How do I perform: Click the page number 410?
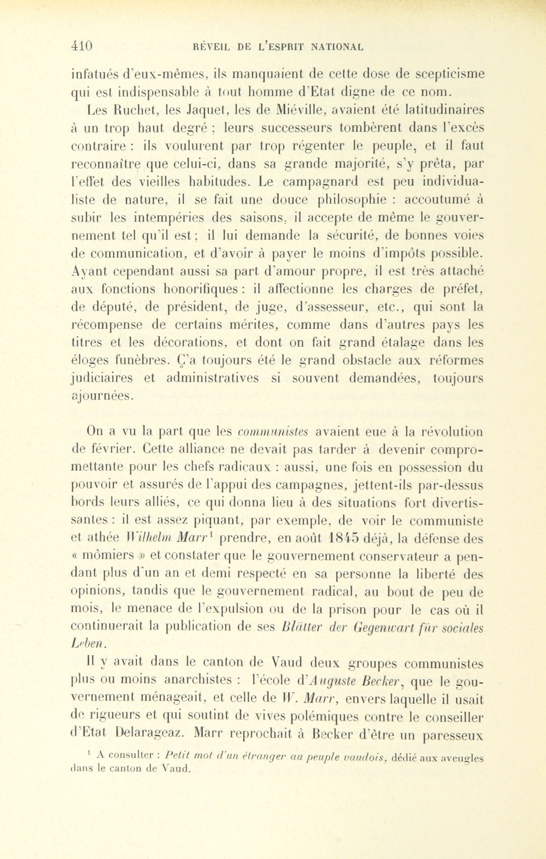[x=82, y=46]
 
